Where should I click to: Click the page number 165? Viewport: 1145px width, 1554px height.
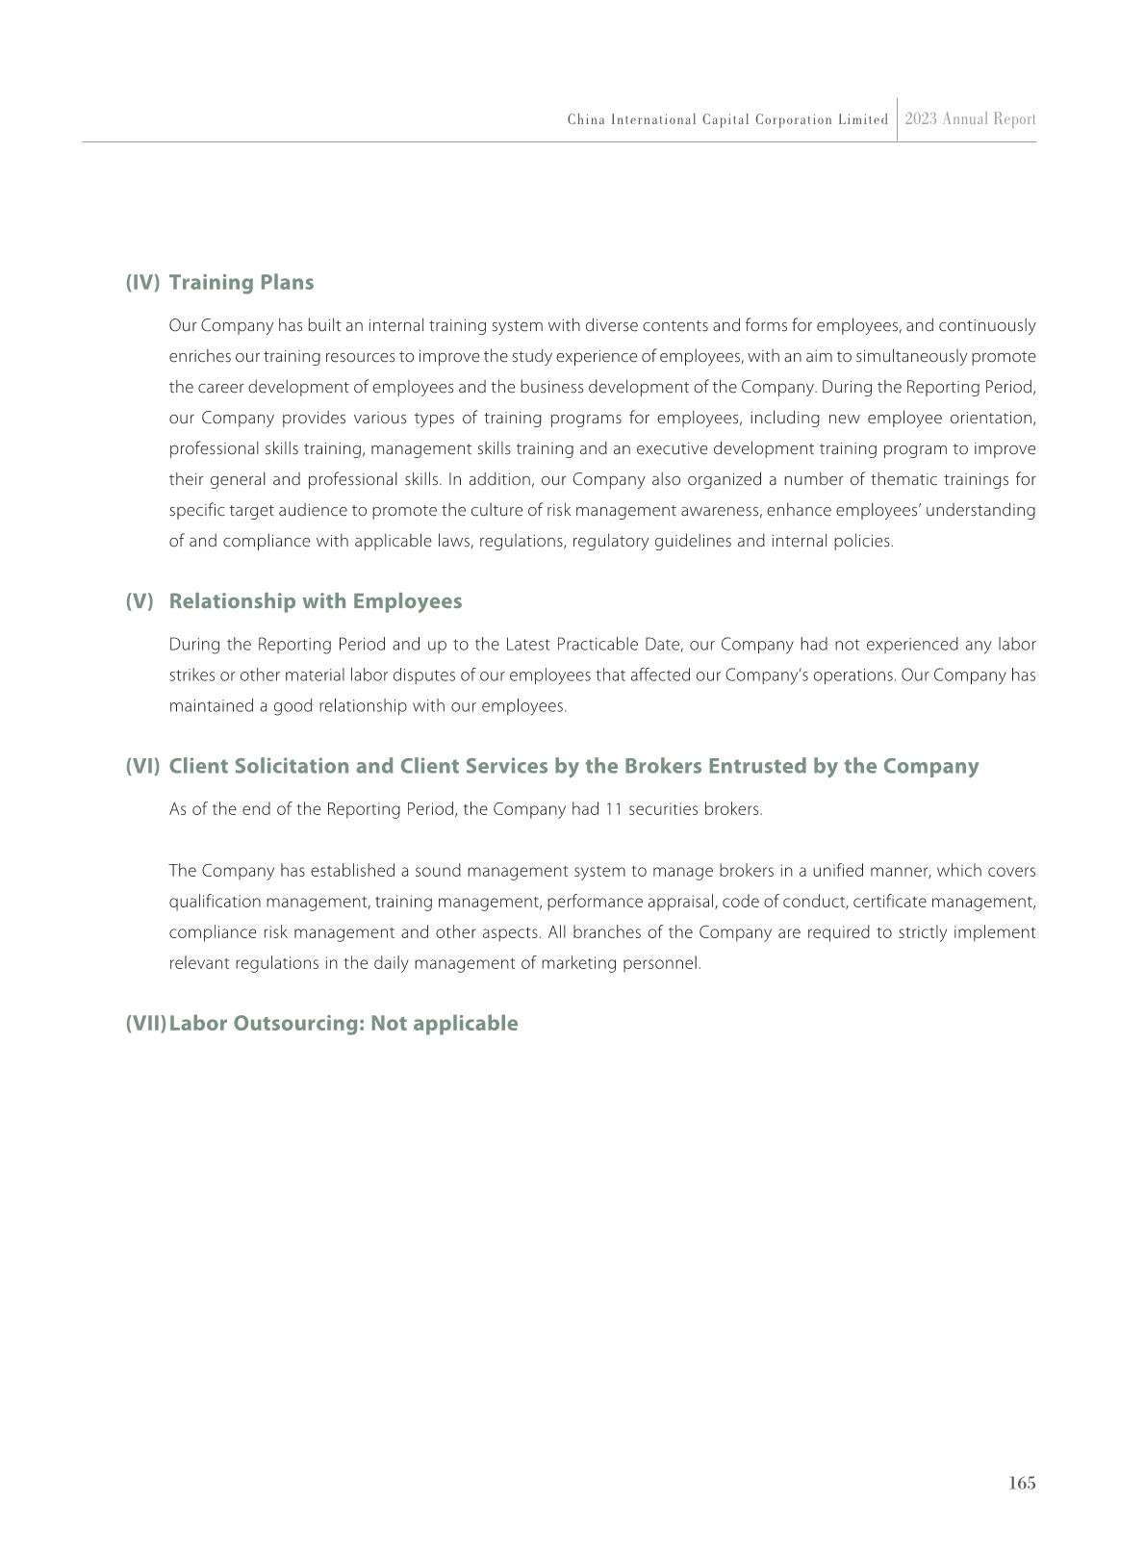[1022, 1483]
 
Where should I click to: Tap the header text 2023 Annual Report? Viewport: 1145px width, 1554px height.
[970, 119]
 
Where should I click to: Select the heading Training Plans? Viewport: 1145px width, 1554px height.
[242, 282]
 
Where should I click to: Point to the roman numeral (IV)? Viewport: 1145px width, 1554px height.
[142, 282]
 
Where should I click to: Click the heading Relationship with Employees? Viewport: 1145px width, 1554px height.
[316, 600]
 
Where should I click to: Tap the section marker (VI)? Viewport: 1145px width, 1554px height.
[142, 766]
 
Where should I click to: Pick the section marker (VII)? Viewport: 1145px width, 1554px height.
[145, 1023]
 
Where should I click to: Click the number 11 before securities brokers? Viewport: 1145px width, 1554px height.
[614, 809]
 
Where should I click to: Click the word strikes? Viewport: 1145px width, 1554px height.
[191, 675]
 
